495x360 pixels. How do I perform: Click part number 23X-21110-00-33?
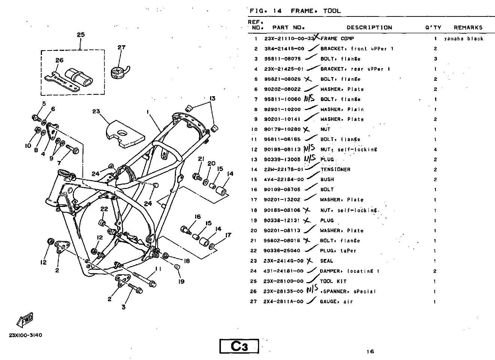click(289, 39)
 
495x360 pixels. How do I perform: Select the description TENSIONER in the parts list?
click(335, 170)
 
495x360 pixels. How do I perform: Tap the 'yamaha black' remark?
click(464, 39)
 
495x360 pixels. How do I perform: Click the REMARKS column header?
click(468, 27)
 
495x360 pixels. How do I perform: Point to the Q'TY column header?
click(433, 27)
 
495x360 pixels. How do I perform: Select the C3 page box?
click(239, 346)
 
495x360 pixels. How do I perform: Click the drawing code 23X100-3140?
click(25, 335)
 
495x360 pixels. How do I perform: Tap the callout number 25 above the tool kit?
click(81, 35)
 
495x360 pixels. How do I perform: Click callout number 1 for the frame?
click(148, 112)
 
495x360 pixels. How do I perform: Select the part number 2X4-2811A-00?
click(283, 302)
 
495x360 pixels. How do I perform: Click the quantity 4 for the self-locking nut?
click(435, 149)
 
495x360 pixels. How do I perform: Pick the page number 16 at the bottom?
click(370, 351)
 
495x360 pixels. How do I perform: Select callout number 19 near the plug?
click(181, 281)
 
